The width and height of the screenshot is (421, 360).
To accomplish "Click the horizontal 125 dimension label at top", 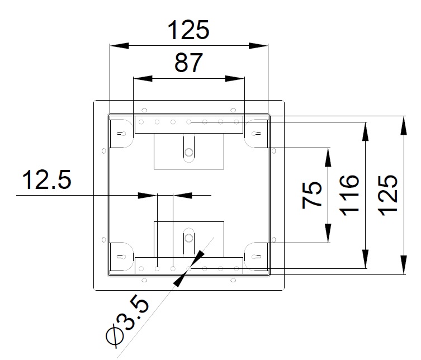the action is tap(188, 30).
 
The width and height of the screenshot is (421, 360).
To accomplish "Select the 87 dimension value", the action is tap(188, 63).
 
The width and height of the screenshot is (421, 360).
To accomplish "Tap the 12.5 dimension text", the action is tap(47, 179).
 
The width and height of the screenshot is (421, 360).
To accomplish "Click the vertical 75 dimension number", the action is tap(312, 195).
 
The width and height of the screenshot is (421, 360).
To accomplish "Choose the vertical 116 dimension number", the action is tap(349, 195).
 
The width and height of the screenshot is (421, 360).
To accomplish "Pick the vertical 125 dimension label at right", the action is tap(387, 195).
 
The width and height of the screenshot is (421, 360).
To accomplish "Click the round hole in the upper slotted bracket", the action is tap(189, 152).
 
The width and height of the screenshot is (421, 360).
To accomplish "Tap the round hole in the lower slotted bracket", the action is tap(189, 238).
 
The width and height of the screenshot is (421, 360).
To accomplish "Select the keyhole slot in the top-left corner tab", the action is tap(122, 134).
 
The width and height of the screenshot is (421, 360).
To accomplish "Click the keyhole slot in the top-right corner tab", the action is tap(256, 134).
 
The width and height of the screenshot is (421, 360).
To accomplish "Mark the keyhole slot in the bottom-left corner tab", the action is tap(122, 257).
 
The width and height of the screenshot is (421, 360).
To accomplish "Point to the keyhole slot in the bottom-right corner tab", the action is tap(256, 257).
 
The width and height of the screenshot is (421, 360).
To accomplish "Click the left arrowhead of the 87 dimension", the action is tap(143, 78).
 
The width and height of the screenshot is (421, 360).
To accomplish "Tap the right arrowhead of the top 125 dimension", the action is tap(258, 46).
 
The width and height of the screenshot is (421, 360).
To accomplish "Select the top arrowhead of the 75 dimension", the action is tap(328, 157).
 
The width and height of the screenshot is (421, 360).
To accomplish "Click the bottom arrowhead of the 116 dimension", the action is tap(365, 259).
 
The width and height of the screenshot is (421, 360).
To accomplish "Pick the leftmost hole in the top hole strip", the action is tap(141, 122).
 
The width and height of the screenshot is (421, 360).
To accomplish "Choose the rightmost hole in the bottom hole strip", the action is tap(236, 268).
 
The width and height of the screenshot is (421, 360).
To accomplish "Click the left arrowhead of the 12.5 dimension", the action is tap(147, 195).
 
